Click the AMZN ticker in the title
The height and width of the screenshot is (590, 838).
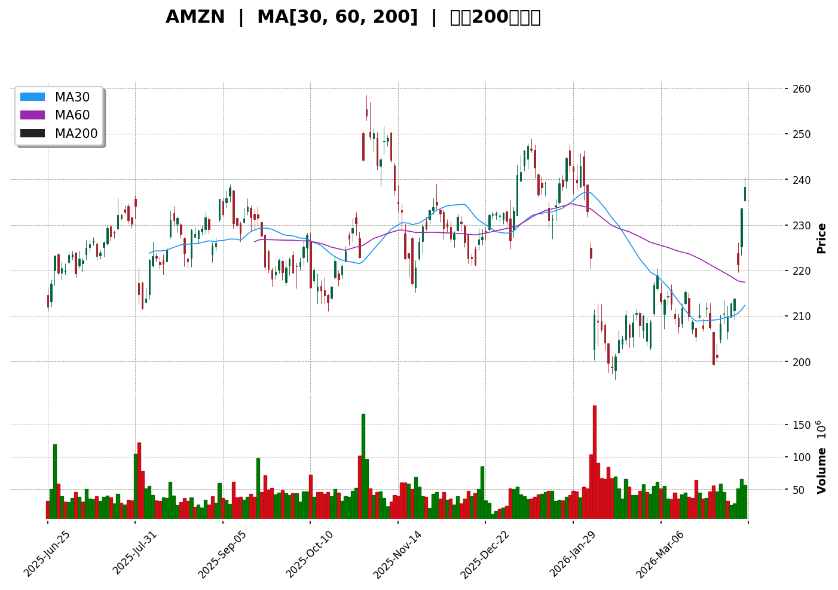pyautogui.click(x=195, y=17)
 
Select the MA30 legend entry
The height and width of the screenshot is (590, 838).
pyautogui.click(x=72, y=97)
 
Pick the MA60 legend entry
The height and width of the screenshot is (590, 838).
pyautogui.click(x=72, y=115)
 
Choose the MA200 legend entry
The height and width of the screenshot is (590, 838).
pyautogui.click(x=76, y=134)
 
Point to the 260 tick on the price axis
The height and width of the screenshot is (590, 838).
pyautogui.click(x=802, y=89)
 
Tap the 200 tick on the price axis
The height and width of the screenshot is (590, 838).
pyautogui.click(x=802, y=362)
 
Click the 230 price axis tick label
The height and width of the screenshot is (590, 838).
pyautogui.click(x=802, y=226)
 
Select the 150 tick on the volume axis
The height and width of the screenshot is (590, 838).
pyautogui.click(x=801, y=425)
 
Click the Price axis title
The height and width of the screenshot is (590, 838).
pyautogui.click(x=822, y=238)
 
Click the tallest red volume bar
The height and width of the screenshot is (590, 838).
pyautogui.click(x=594, y=461)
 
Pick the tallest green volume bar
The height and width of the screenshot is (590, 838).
pyautogui.click(x=363, y=466)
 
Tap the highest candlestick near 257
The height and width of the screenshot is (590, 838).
pyautogui.click(x=366, y=112)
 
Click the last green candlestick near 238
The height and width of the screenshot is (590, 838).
pyautogui.click(x=745, y=193)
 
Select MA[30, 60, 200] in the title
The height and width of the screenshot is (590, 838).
pyautogui.click(x=337, y=17)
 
